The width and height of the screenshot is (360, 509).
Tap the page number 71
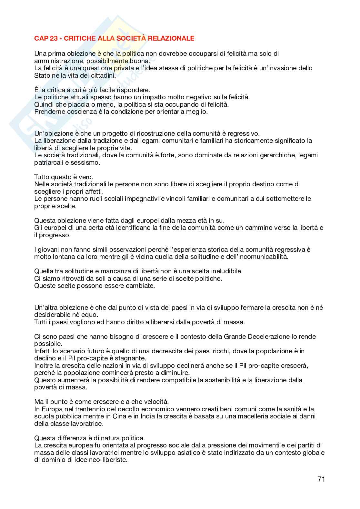point(321,479)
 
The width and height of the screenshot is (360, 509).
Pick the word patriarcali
point(49,162)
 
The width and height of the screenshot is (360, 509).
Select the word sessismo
point(88,162)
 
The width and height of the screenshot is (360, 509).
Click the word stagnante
point(132,358)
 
